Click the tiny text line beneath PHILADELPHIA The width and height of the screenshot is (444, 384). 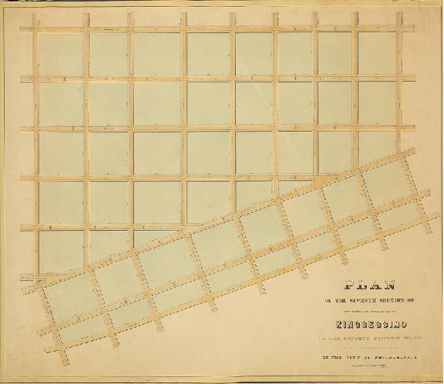365,368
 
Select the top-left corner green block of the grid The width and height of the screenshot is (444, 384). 61,54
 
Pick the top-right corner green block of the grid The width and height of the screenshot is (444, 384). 377,53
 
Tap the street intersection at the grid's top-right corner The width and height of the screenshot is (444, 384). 401,29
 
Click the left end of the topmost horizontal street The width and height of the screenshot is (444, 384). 23,29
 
